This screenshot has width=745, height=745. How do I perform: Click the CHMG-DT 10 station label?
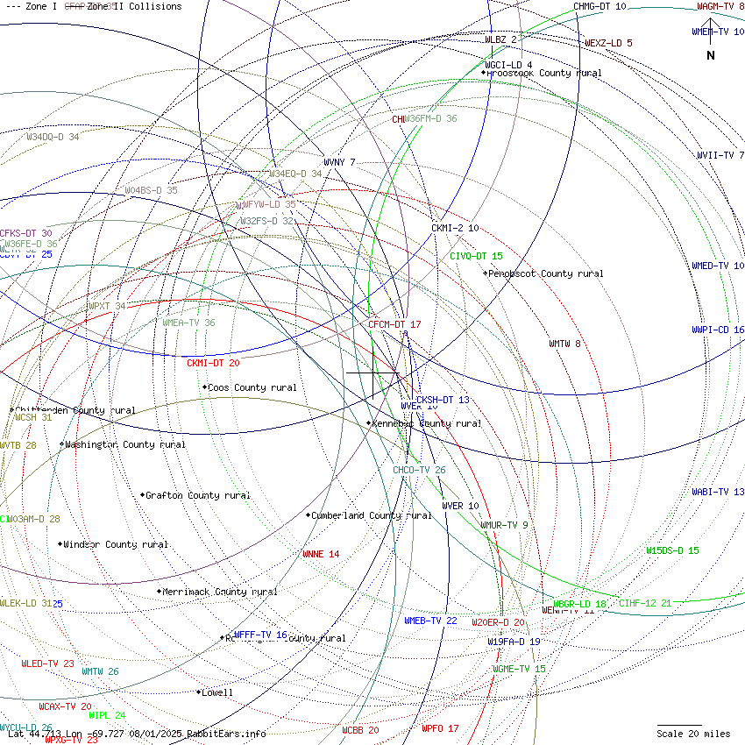click(600, 6)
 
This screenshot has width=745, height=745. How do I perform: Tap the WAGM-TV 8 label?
click(720, 6)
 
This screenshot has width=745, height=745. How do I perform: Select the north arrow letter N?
click(711, 56)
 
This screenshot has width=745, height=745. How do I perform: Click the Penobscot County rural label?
click(545, 273)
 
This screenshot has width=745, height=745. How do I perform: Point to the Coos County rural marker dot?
click(204, 387)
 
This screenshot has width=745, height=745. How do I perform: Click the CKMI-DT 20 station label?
click(213, 362)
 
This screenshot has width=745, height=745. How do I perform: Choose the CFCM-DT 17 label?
click(394, 324)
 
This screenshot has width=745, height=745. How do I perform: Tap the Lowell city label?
click(216, 692)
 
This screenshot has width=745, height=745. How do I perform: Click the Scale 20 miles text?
click(693, 734)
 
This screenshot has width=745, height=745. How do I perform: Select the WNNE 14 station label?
click(320, 554)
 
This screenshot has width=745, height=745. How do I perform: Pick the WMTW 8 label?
click(564, 344)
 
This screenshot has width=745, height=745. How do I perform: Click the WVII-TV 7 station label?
click(720, 155)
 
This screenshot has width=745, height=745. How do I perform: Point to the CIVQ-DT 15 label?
click(476, 256)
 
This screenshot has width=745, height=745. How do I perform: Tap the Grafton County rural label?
click(197, 495)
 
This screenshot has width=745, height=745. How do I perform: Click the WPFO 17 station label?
click(440, 728)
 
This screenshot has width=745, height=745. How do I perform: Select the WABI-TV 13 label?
click(718, 492)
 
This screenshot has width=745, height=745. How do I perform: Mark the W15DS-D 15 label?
click(672, 550)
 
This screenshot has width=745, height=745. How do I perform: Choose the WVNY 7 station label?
click(339, 162)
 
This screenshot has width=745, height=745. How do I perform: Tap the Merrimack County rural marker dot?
click(160, 592)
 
